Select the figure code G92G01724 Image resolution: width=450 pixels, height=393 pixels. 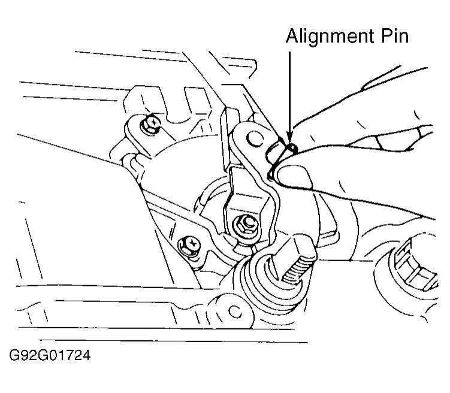49,357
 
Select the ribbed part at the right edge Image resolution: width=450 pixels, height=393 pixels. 419,264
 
